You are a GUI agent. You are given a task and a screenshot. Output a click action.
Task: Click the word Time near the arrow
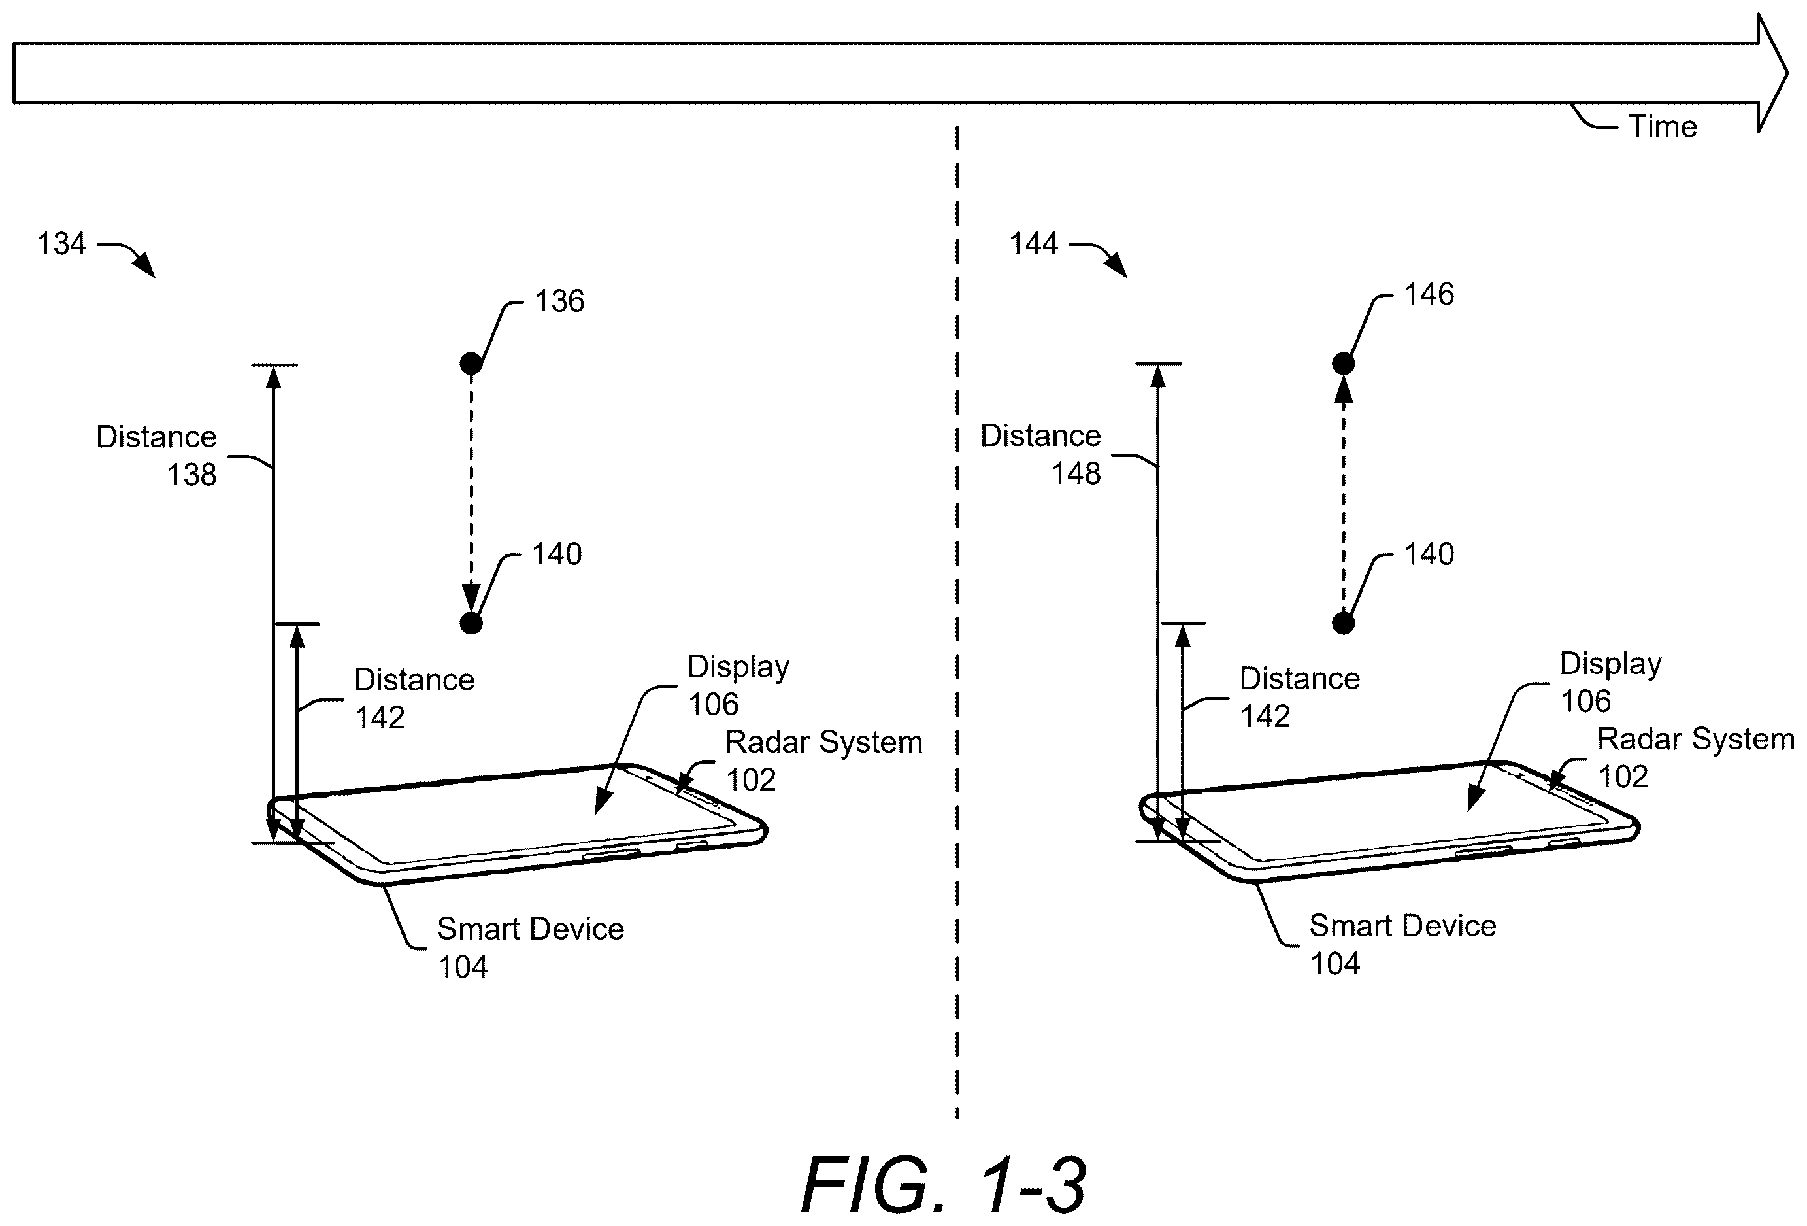pyautogui.click(x=1663, y=126)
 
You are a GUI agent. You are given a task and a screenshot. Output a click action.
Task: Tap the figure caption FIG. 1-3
pyautogui.click(x=943, y=1185)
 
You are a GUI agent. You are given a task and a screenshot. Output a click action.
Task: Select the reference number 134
pyautogui.click(x=61, y=243)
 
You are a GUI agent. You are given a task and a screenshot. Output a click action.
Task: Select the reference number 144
pyautogui.click(x=1033, y=243)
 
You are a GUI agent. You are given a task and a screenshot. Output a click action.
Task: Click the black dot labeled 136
pyautogui.click(x=471, y=364)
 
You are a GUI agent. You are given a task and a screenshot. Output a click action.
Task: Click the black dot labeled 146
pyautogui.click(x=1344, y=364)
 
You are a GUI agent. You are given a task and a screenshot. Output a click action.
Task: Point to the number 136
pyautogui.click(x=559, y=301)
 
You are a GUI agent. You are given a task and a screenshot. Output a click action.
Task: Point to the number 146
pyautogui.click(x=1429, y=294)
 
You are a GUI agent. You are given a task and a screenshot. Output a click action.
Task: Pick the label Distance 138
pyautogui.click(x=156, y=455)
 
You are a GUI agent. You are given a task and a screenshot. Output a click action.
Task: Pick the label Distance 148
pyautogui.click(x=1040, y=454)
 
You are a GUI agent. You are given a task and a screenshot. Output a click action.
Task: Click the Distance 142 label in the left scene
pyautogui.click(x=414, y=698)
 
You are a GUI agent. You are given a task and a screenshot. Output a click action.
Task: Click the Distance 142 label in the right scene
pyautogui.click(x=1300, y=697)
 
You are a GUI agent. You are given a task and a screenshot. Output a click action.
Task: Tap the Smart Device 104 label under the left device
pyautogui.click(x=530, y=947)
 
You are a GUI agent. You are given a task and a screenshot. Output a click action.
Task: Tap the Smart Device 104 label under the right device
pyautogui.click(x=1402, y=944)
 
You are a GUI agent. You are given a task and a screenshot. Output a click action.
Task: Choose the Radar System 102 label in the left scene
pyautogui.click(x=823, y=760)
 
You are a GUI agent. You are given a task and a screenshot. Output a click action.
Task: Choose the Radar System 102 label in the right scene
pyautogui.click(x=1696, y=757)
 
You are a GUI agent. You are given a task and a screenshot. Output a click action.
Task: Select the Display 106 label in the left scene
pyautogui.click(x=738, y=685)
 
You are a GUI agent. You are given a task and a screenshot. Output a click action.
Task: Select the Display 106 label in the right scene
pyautogui.click(x=1611, y=682)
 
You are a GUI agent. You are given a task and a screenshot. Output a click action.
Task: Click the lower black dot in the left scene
pyautogui.click(x=471, y=623)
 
